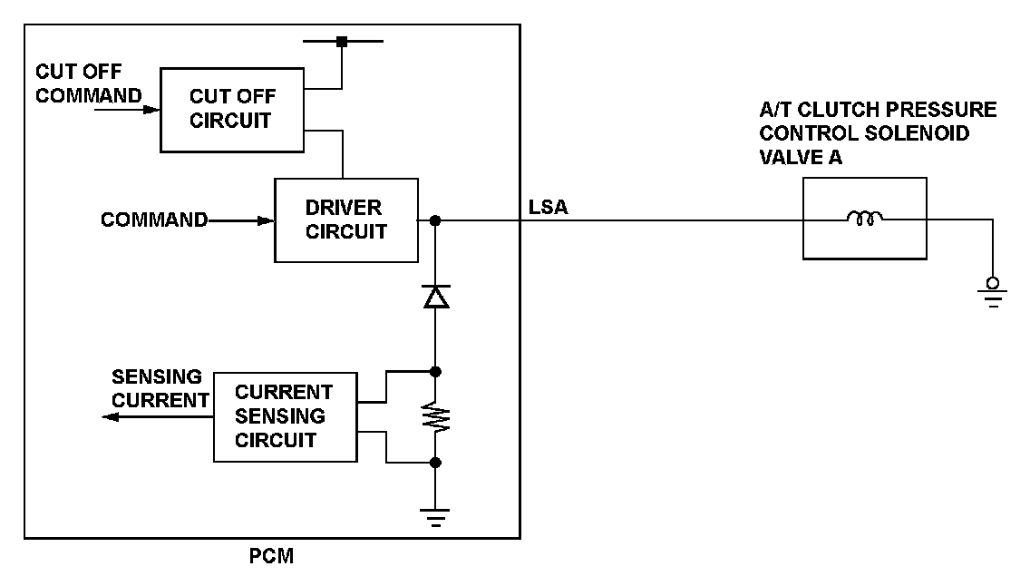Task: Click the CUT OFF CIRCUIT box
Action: pos(233,109)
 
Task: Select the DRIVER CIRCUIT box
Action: pos(346,220)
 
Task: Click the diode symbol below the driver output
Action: pos(436,296)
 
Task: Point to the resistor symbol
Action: pos(436,416)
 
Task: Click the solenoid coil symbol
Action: pos(864,218)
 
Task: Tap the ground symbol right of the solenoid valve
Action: pos(994,293)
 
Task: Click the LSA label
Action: pos(549,209)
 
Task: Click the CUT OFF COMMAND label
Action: pos(89,83)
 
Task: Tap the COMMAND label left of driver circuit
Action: pos(154,220)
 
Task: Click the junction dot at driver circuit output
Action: pos(436,220)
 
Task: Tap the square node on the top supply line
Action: pos(342,42)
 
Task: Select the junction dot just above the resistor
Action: pos(436,371)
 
